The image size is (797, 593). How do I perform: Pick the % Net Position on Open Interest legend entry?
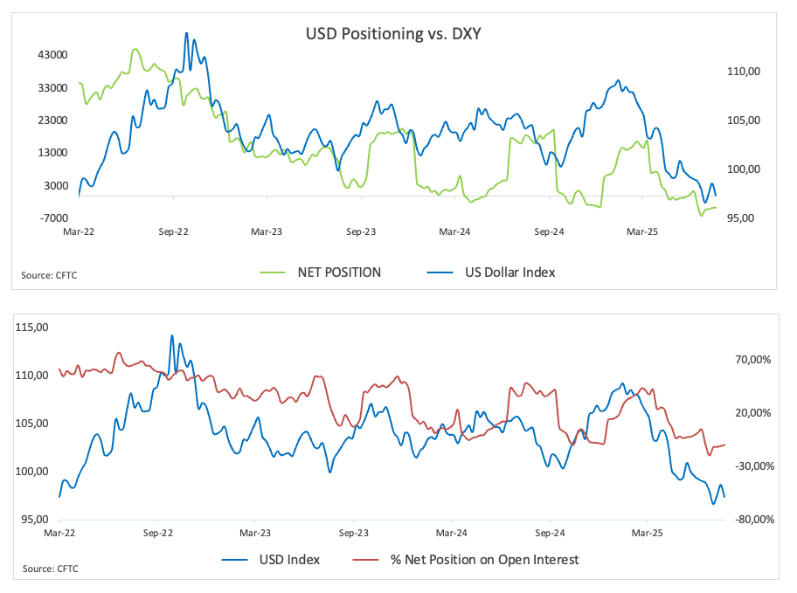pos(484,559)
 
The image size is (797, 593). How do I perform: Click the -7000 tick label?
pos(51,217)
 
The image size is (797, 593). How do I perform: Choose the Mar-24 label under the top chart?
pos(454,232)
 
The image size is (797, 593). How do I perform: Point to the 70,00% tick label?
pos(752,359)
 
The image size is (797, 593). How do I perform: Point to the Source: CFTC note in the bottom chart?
pos(49,569)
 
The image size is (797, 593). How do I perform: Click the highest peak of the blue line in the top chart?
pos(186,33)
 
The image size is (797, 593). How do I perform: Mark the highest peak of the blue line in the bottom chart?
pos(171,335)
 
